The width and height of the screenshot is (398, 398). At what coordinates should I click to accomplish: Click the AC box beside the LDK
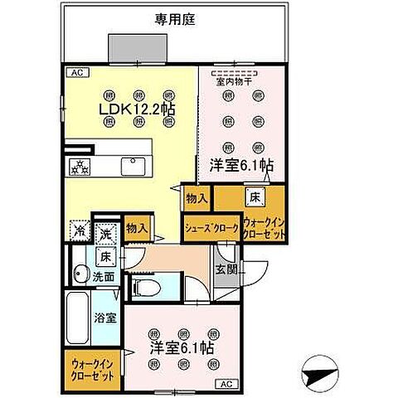[75, 73]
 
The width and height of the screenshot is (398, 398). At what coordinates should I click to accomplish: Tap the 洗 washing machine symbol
[104, 234]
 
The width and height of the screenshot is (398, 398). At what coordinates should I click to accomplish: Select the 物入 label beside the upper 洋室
[197, 199]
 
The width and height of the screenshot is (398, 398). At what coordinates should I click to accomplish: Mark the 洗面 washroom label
[104, 277]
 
